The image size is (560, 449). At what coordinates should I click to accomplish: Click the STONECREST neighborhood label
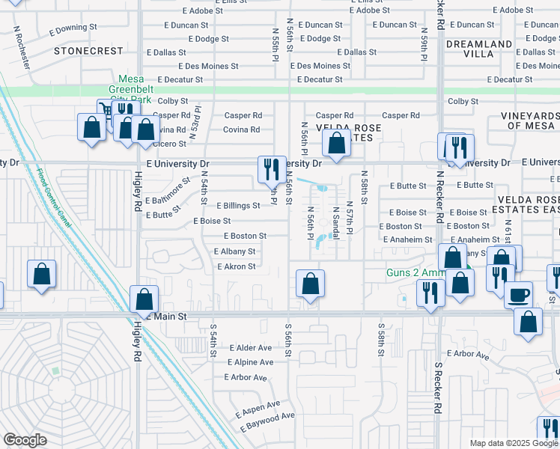click(x=88, y=51)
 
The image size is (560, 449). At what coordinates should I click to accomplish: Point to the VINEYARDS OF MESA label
click(x=533, y=120)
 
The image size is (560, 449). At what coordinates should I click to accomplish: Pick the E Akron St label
click(x=236, y=266)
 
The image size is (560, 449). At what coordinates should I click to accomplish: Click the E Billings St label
click(x=238, y=206)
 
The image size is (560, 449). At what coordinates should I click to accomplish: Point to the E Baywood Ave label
click(x=267, y=421)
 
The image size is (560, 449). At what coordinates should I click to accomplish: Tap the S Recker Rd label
click(x=436, y=389)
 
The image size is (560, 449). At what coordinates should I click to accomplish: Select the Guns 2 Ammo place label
click(x=416, y=273)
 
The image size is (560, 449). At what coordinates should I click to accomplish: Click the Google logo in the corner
click(x=25, y=440)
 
